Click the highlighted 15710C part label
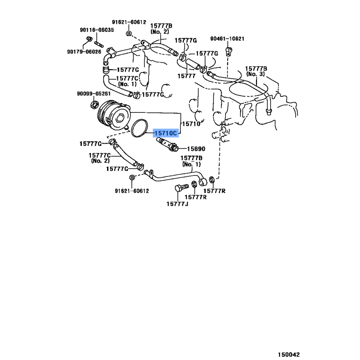click(166, 133)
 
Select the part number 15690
click(196, 149)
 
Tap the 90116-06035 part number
click(97, 30)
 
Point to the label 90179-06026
click(84, 52)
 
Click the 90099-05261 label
click(94, 94)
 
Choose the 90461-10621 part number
click(227, 39)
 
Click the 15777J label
click(177, 204)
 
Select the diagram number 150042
click(289, 355)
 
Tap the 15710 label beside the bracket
click(191, 124)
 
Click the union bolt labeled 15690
click(167, 144)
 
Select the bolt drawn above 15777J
click(181, 188)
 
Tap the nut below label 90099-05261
click(94, 105)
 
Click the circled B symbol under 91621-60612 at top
click(129, 33)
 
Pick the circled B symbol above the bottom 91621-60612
click(132, 177)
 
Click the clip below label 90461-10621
click(229, 51)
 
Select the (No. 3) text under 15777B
click(255, 74)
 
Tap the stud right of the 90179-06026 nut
click(99, 44)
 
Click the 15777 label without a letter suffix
click(186, 76)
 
